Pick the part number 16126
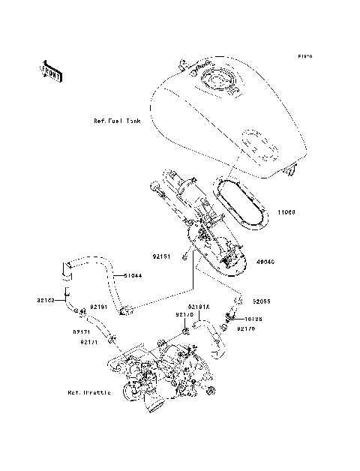pyautogui.click(x=254, y=318)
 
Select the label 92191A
pyautogui.click(x=199, y=307)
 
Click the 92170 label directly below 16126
pyautogui.click(x=248, y=328)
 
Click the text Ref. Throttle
pyautogui.click(x=88, y=392)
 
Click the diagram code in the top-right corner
pyautogui.click(x=304, y=56)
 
